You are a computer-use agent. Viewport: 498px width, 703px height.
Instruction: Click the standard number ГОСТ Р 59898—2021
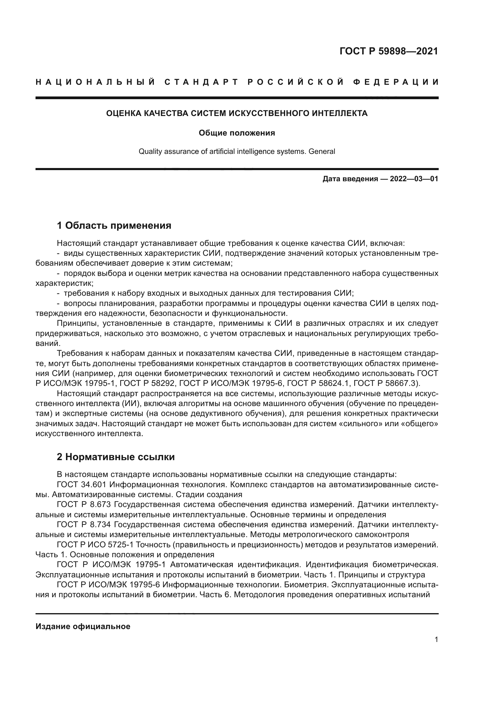pos(388,51)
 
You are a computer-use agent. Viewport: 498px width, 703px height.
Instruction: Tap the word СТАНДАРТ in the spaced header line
pos(201,82)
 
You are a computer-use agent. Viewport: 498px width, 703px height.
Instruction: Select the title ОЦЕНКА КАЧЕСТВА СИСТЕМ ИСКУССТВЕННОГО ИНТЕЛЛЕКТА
pos(237,114)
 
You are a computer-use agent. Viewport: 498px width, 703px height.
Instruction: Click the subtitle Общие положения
pos(237,133)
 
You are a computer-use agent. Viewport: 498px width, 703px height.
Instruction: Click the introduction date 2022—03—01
pos(414,179)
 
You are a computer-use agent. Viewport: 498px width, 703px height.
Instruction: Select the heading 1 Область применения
pos(114,226)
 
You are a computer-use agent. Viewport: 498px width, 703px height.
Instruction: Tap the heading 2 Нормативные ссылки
pos(116,457)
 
